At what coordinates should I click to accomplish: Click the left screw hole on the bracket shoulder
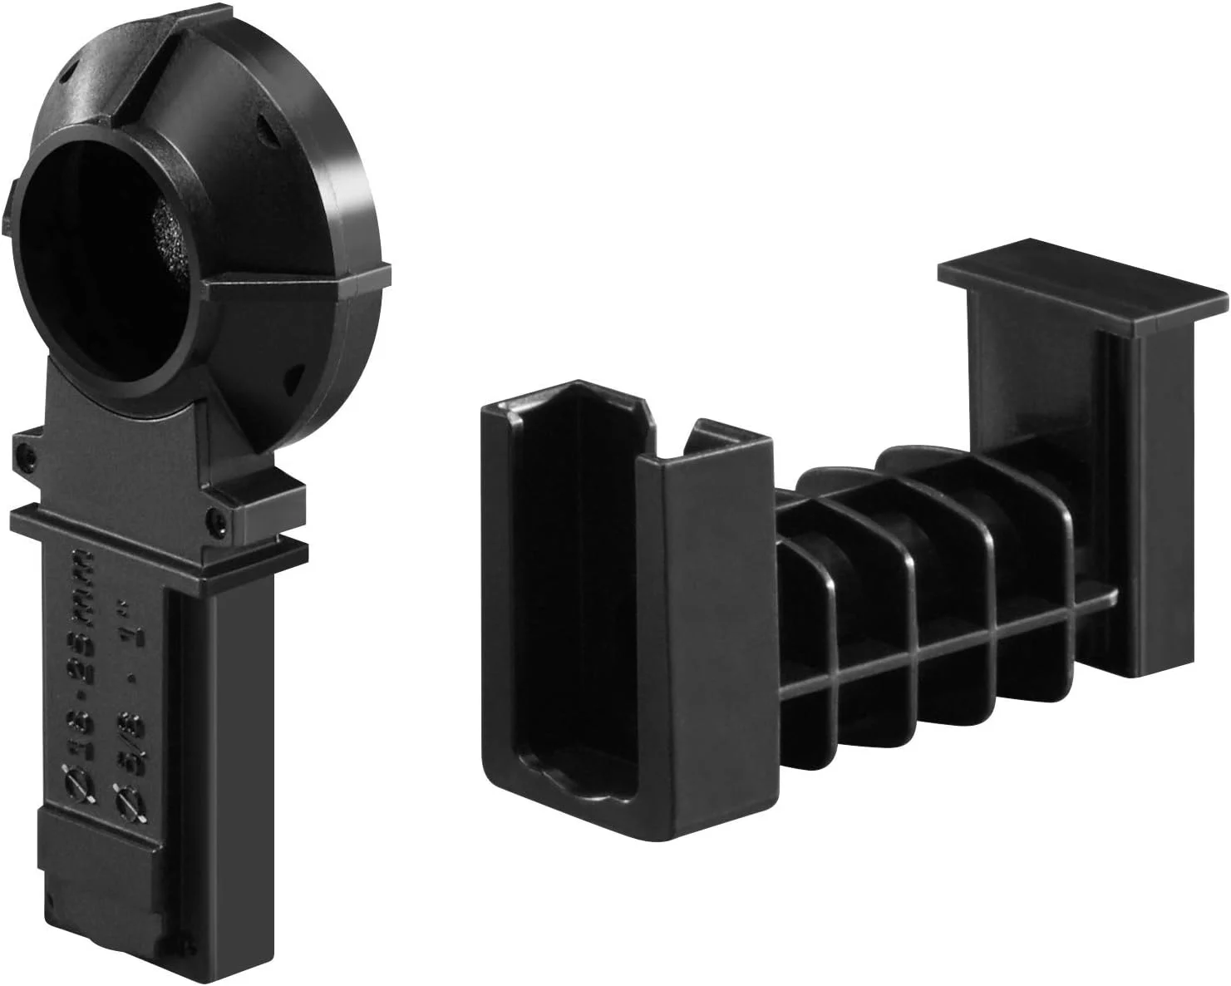pos(27,454)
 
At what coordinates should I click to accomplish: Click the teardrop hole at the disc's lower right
pos(291,378)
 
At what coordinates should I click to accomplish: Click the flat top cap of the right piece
pos(1081,287)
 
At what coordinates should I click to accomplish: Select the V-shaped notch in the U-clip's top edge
pos(665,432)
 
